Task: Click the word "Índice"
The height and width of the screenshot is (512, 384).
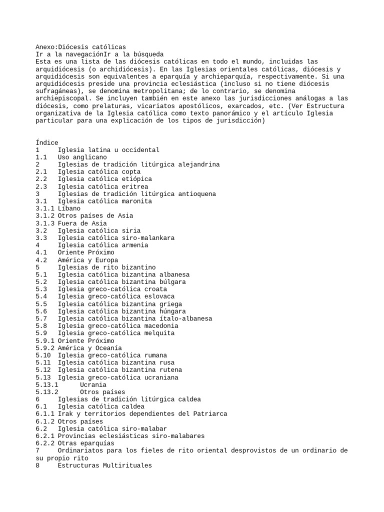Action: [x=47, y=142]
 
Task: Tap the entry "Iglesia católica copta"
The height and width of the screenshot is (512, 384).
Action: [x=99, y=171]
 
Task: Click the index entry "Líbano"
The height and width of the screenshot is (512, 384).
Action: [x=69, y=208]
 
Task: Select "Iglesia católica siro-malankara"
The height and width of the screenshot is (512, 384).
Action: [x=116, y=238]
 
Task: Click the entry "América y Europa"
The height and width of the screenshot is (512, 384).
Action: [x=87, y=260]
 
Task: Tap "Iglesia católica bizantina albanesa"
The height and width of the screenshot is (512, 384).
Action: [x=123, y=274]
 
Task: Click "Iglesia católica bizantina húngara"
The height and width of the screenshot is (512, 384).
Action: [x=121, y=311]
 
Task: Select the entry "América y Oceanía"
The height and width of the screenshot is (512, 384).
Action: [x=89, y=348]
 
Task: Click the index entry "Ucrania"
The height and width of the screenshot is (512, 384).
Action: [x=93, y=384]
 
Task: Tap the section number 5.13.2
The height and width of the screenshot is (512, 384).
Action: [x=47, y=392]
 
